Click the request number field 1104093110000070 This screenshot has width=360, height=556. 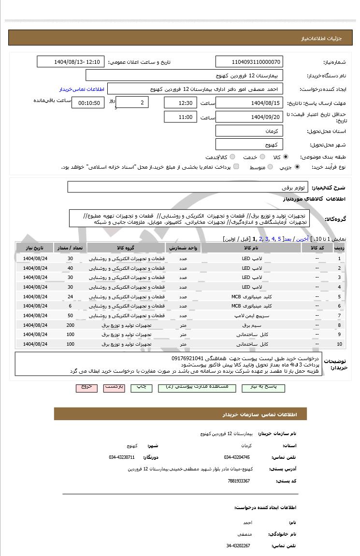pos(249,62)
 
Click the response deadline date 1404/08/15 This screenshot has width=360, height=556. pos(249,103)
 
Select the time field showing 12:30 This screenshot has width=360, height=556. pos(181,103)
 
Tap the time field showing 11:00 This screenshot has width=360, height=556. pos(181,117)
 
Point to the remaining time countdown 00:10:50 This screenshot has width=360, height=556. pos(88,103)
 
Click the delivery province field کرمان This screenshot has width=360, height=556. pos(249,131)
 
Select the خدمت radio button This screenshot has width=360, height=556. pos(262,157)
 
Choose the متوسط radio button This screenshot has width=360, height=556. pos(267,167)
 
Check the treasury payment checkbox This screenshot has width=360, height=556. pos(236,167)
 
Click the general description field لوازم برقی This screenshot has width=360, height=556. pos(187,187)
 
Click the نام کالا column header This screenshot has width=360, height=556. pos(251,248)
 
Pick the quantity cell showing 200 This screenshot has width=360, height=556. pos(71,325)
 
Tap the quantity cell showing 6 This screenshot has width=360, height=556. pos(71,306)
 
